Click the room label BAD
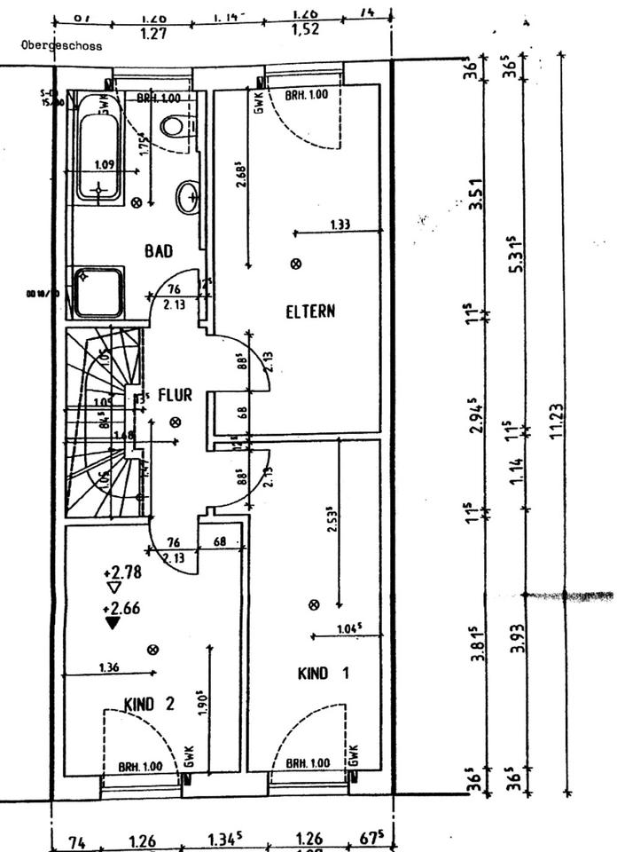tap(159, 252)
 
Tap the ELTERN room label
tap(310, 312)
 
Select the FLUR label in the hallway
tap(175, 395)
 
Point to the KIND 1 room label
tap(323, 674)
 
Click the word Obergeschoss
tap(63, 45)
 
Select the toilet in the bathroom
tap(174, 126)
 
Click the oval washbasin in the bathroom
tap(187, 197)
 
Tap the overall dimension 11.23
tap(558, 426)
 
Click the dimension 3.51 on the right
tap(476, 193)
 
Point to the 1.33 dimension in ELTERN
tap(340, 225)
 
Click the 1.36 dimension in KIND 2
tap(110, 667)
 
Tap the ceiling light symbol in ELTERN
tap(296, 263)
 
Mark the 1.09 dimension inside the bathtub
tap(105, 164)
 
